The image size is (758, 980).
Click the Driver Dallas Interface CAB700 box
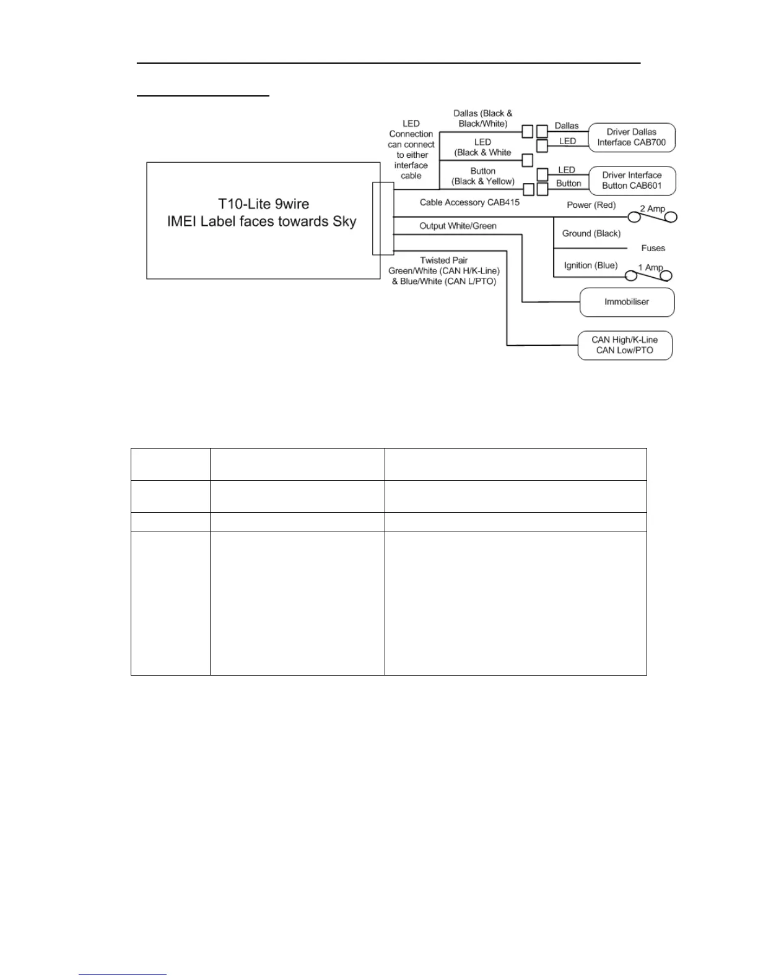click(x=631, y=137)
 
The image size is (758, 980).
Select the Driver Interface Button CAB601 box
click(x=631, y=181)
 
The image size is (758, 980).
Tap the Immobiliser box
click(x=627, y=303)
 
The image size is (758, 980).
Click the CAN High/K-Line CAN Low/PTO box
click(x=624, y=345)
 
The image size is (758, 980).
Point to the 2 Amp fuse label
click(x=652, y=209)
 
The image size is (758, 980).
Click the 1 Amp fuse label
click(x=650, y=268)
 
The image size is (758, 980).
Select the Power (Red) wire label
click(x=591, y=205)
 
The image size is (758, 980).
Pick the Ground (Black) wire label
click(x=591, y=234)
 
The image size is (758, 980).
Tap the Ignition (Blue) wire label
click(x=590, y=265)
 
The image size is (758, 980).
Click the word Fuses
click(x=653, y=249)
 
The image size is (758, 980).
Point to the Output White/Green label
click(x=458, y=226)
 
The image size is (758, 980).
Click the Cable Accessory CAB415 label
click(x=469, y=202)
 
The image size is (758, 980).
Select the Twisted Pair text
click(x=443, y=260)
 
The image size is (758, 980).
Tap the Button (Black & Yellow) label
click(x=483, y=176)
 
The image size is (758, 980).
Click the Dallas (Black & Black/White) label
click(x=483, y=119)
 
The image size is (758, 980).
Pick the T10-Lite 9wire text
click(x=263, y=204)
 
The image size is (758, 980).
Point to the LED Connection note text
click(x=411, y=150)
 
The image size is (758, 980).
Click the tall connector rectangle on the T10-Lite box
click(x=383, y=218)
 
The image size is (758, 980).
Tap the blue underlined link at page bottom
click(x=123, y=974)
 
